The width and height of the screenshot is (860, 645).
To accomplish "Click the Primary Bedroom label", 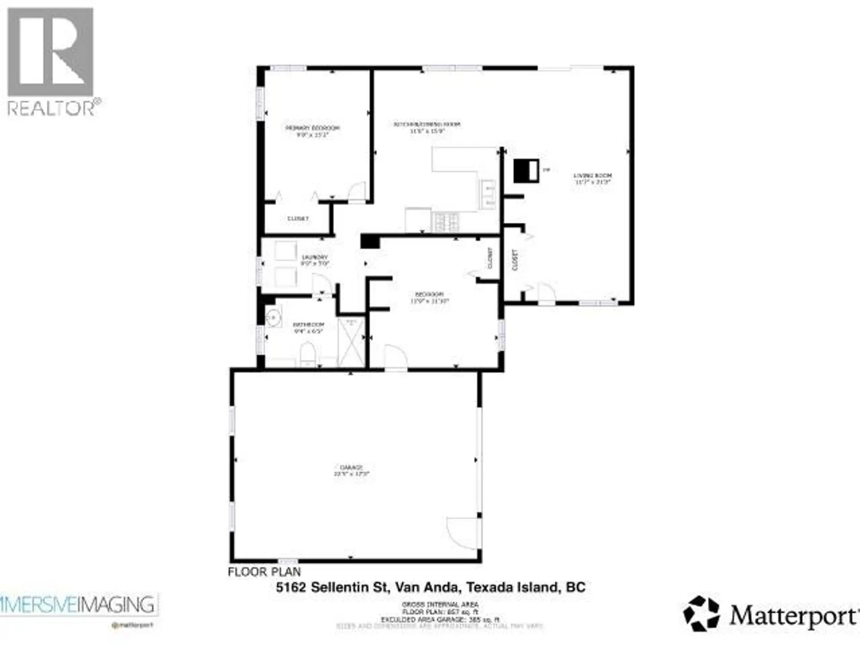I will [x=313, y=131].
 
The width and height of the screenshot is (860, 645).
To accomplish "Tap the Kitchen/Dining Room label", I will [x=427, y=127].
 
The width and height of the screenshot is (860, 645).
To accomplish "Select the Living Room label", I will [x=593, y=178].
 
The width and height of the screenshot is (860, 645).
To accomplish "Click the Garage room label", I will [x=351, y=470].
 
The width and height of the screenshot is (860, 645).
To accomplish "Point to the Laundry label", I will [x=314, y=260].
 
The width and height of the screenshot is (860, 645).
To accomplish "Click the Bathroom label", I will [x=308, y=327].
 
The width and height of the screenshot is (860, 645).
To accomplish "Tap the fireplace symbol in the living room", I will [x=526, y=171].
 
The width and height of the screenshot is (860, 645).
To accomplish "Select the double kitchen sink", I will [x=488, y=194].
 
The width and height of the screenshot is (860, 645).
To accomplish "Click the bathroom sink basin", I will [x=272, y=318].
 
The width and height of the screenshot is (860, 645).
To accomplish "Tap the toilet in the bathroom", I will [x=308, y=354].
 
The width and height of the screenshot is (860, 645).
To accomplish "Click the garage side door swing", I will [x=464, y=533].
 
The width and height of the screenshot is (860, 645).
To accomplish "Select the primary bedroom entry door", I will [x=357, y=192].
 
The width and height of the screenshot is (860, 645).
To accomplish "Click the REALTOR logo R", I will [x=50, y=52].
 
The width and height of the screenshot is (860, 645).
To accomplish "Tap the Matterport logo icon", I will [x=701, y=613].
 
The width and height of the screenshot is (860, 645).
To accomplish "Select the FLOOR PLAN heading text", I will [x=264, y=572].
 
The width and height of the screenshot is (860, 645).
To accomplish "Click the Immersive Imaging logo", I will [x=78, y=605].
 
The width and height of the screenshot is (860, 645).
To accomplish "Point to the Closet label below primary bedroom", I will [x=298, y=219].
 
